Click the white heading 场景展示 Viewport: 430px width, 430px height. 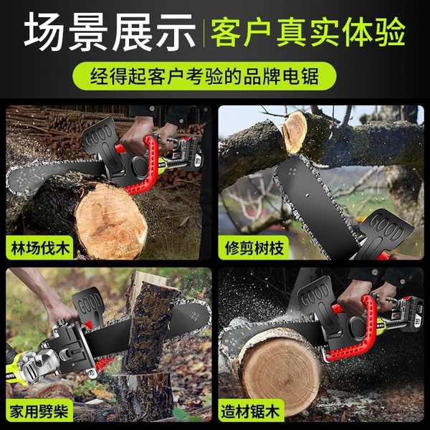(110, 32)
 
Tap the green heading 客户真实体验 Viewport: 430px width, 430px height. (308, 32)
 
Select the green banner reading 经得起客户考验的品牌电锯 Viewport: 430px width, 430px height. (204, 76)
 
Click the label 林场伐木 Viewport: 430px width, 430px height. (40, 248)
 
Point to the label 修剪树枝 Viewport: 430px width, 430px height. (254, 248)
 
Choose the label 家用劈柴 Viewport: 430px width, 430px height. (39, 411)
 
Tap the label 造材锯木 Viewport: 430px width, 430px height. (250, 411)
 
